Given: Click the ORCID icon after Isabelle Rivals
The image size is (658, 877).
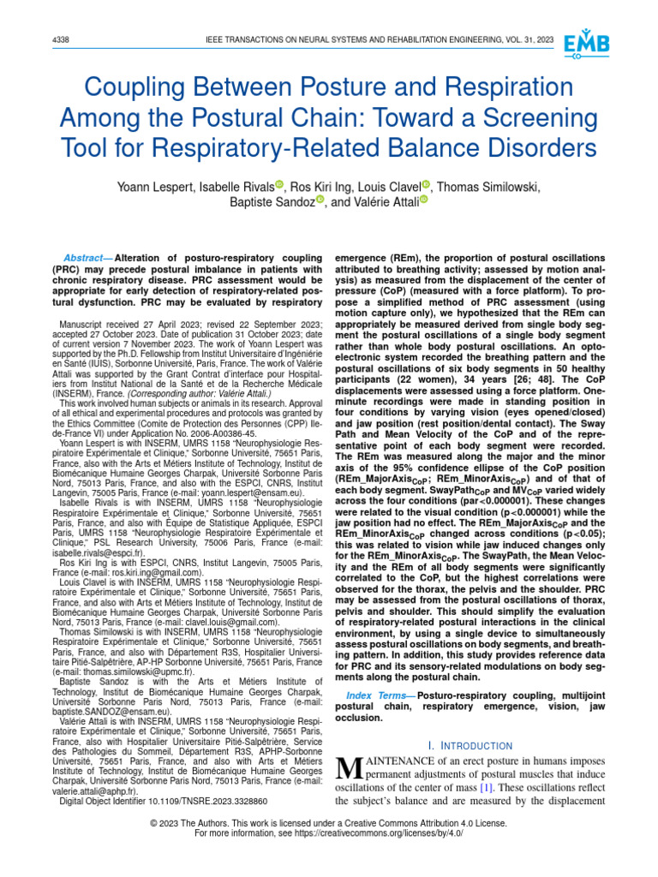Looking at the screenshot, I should pos(280,186).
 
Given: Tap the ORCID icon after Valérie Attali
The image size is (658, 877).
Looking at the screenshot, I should pos(422,201).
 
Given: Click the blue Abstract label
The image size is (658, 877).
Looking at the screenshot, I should pos(87,259).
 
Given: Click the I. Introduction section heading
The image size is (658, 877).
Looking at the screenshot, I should pos(470,746).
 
